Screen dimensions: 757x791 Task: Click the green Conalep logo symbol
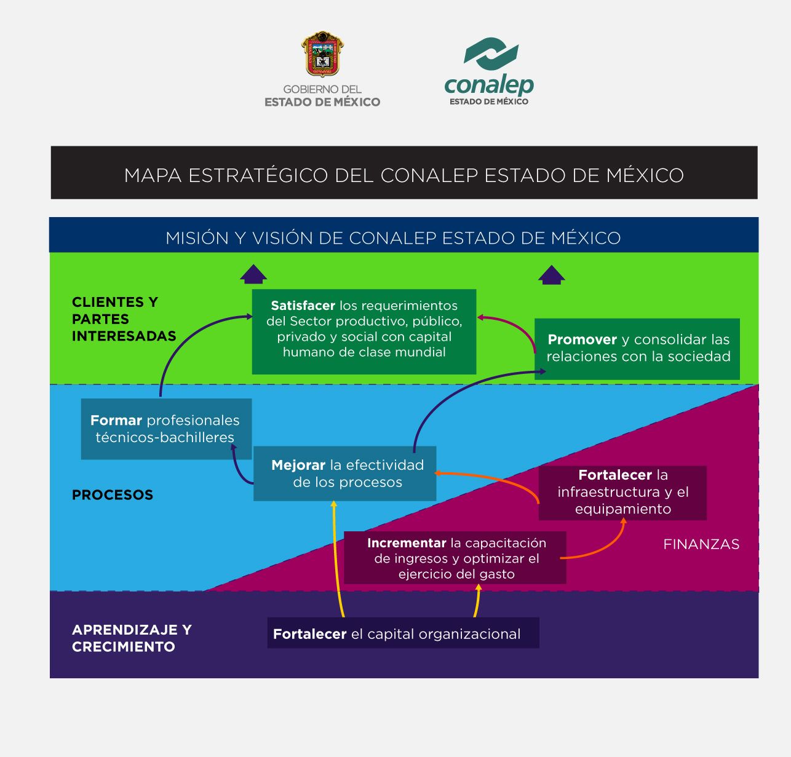click(490, 54)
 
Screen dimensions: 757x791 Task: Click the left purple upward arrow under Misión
click(253, 274)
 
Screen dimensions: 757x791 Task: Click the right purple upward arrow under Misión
click(551, 275)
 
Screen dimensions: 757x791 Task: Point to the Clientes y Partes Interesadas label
click(123, 319)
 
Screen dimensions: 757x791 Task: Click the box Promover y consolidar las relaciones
click(637, 348)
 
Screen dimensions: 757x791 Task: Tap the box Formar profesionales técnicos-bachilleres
click(165, 429)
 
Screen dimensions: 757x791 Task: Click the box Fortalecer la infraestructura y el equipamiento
click(622, 492)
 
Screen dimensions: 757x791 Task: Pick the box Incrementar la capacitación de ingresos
click(455, 558)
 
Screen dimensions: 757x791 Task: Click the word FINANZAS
click(701, 544)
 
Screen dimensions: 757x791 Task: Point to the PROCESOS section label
click(112, 495)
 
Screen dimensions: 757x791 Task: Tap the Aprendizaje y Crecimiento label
click(131, 638)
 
